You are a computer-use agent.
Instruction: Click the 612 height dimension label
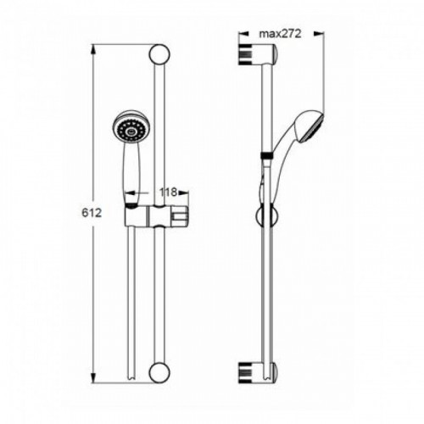(x=92, y=213)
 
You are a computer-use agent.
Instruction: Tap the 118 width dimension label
(x=168, y=192)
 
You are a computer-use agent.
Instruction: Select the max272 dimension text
(x=281, y=34)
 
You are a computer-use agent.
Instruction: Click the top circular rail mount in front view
(x=159, y=54)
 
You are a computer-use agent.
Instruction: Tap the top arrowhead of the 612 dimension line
(x=93, y=50)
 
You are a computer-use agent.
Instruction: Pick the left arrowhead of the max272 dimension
(x=243, y=34)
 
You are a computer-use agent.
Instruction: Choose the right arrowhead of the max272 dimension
(x=319, y=34)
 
